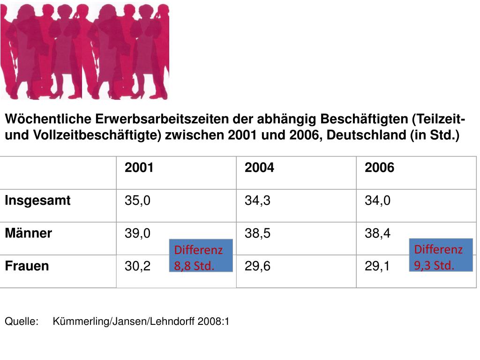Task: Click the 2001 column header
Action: pyautogui.click(x=139, y=168)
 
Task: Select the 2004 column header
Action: pyautogui.click(x=259, y=168)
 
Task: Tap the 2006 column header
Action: pyautogui.click(x=379, y=168)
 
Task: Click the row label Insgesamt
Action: pyautogui.click(x=37, y=201)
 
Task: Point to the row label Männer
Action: pyautogui.click(x=28, y=233)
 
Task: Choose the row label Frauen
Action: pyautogui.click(x=27, y=266)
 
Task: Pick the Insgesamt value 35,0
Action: pyautogui.click(x=137, y=201)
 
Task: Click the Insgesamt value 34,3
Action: pyautogui.click(x=257, y=201)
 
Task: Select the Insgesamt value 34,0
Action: pyautogui.click(x=378, y=201)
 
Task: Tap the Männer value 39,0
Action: pyautogui.click(x=137, y=233)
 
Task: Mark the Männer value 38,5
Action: pyautogui.click(x=257, y=233)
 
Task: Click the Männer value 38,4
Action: pyautogui.click(x=378, y=233)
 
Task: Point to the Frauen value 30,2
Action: pyautogui.click(x=137, y=266)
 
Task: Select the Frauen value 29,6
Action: pyautogui.click(x=257, y=266)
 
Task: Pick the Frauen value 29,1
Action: pyautogui.click(x=377, y=266)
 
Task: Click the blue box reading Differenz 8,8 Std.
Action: pyautogui.click(x=201, y=257)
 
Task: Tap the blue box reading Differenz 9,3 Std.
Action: pyautogui.click(x=441, y=255)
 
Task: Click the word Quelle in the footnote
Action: pyautogui.click(x=21, y=322)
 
